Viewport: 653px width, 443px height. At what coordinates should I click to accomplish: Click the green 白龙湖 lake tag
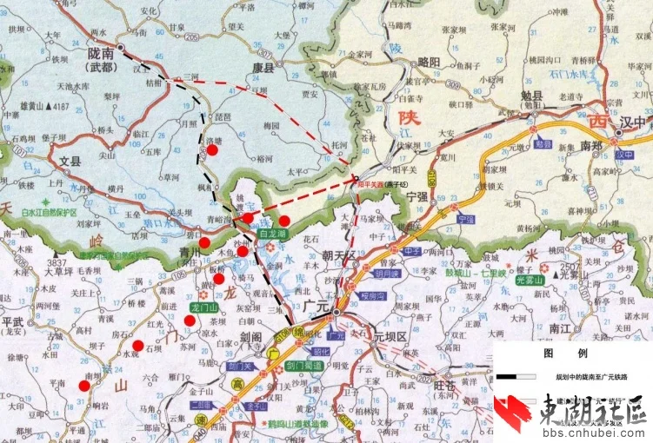(x=273, y=235)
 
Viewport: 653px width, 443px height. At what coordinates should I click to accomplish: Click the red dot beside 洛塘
(x=211, y=149)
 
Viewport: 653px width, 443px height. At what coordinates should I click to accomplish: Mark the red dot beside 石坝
(x=137, y=346)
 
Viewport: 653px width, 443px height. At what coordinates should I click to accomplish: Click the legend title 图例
(x=554, y=354)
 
